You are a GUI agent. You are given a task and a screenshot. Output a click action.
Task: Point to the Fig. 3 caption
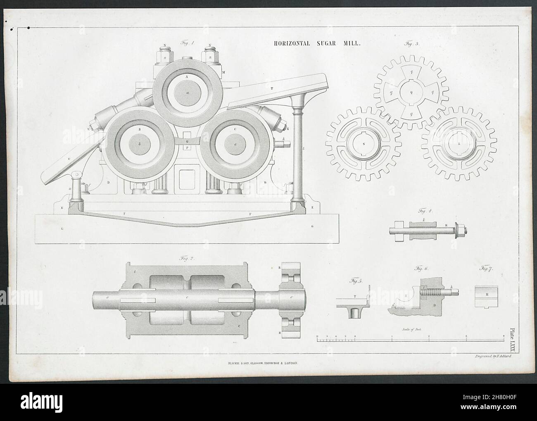pyautogui.click(x=411, y=43)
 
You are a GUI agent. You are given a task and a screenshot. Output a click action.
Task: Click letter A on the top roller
pyautogui.click(x=187, y=77)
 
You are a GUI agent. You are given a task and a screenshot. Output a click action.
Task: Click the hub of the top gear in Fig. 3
pyautogui.click(x=411, y=92)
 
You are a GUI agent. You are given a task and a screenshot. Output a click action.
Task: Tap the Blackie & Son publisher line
pyautogui.click(x=263, y=362)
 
